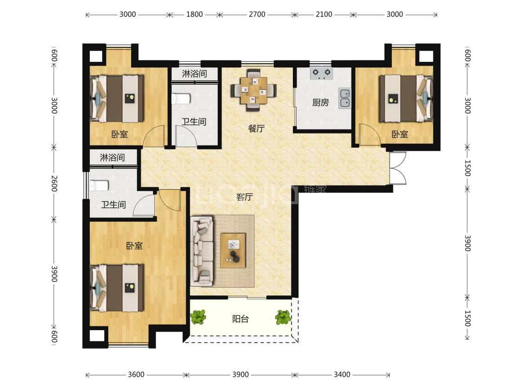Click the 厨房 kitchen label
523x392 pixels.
320,102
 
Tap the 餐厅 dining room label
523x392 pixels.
257,128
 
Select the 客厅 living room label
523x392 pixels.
245,197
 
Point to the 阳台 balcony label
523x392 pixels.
240,319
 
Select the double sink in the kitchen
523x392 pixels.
345,98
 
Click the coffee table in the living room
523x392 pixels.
233,251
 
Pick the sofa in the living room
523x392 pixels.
202,251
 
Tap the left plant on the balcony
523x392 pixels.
198,317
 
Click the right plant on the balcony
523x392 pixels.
283,317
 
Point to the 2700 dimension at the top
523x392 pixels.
257,14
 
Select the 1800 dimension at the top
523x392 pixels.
194,14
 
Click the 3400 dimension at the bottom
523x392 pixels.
342,375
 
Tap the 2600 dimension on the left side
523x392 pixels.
54,184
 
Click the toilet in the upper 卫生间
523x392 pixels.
181,99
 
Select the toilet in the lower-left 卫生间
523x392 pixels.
99,186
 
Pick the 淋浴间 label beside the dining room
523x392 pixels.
194,73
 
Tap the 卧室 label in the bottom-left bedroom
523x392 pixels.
134,246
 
